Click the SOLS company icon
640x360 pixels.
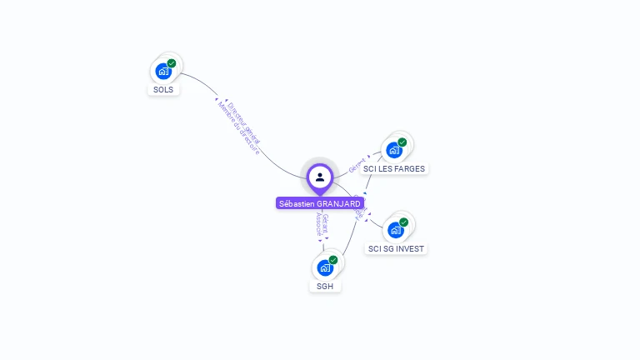163,72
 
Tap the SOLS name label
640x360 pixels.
164,89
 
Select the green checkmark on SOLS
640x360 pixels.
172,63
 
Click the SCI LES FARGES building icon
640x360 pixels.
394,151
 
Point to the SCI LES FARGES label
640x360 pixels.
394,168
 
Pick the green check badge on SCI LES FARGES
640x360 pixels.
402,142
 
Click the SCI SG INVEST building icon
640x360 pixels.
396,230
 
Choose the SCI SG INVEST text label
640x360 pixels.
397,248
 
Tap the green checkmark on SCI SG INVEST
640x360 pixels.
404,222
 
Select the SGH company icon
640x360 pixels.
325,268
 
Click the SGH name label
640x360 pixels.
325,286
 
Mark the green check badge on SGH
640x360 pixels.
333,260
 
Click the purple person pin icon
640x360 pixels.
320,177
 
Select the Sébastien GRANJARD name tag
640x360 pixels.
320,203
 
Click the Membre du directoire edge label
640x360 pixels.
237,129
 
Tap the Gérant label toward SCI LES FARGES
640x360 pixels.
357,164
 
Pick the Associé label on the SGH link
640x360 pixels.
318,224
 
